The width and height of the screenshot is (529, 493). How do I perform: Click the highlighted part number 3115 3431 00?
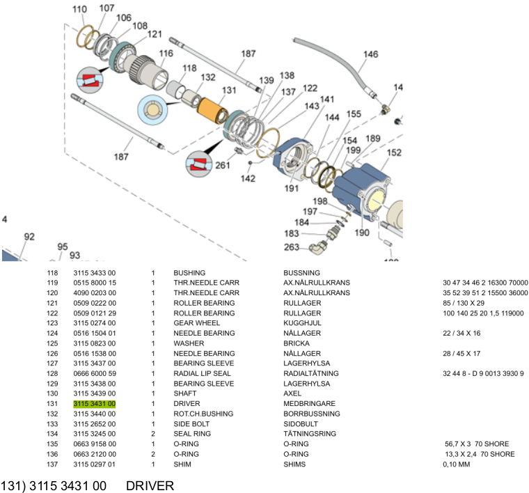click(95, 404)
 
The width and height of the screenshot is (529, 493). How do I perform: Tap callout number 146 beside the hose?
click(370, 54)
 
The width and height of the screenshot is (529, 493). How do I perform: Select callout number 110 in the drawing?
click(79, 9)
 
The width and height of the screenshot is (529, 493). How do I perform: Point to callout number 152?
click(394, 152)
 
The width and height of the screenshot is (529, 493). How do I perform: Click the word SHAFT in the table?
click(184, 393)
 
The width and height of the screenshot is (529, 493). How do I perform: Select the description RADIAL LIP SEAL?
click(202, 374)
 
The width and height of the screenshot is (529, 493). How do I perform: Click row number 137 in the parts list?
click(52, 464)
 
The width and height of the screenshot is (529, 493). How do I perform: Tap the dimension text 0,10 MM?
click(457, 464)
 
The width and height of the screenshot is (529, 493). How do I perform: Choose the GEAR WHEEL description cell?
click(196, 323)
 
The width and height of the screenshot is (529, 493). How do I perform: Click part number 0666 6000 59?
click(95, 374)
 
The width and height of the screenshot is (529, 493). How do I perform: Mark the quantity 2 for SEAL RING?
click(153, 434)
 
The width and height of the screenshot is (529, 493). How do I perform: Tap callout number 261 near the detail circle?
click(223, 164)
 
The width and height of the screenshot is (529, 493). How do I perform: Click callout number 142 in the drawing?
click(248, 179)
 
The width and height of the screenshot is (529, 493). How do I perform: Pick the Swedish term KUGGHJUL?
click(302, 323)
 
